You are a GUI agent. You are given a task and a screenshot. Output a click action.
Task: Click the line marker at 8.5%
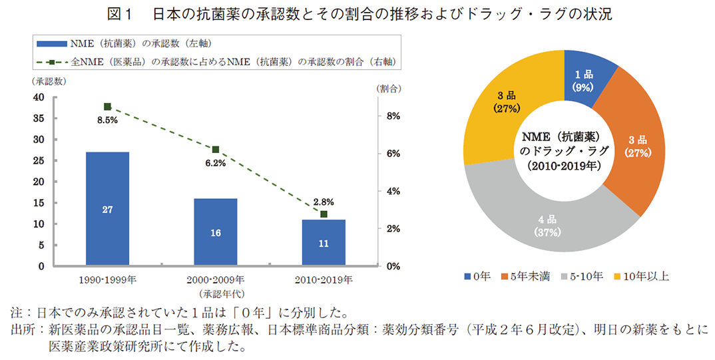tap(107, 106)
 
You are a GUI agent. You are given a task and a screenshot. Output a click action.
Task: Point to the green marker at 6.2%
tap(215, 150)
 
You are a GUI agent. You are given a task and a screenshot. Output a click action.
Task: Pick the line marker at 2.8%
tap(324, 214)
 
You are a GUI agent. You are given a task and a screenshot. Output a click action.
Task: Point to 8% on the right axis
tap(392, 116)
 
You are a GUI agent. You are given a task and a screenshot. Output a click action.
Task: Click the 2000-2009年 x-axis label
tap(215, 279)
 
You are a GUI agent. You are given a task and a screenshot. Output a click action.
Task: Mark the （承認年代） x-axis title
tap(215, 293)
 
